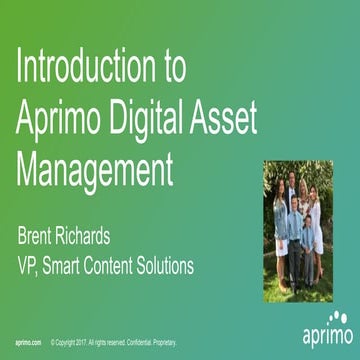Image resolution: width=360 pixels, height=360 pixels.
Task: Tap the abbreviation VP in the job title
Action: pyautogui.click(x=27, y=266)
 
